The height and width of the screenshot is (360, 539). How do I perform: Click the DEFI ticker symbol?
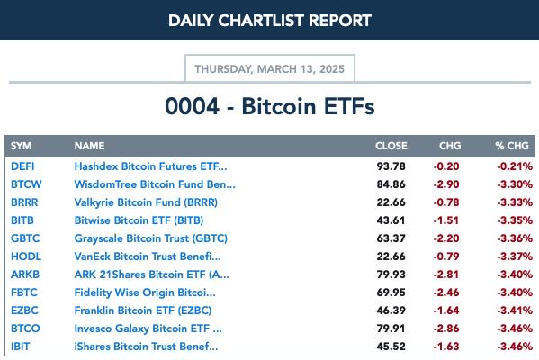[x=22, y=166]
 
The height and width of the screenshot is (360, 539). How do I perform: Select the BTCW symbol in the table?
[x=26, y=184]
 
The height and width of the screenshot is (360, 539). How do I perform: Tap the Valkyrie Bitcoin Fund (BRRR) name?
[x=146, y=202]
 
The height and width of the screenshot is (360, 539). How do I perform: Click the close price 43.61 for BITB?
[x=391, y=220]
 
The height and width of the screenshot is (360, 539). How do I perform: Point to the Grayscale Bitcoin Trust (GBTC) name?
[x=150, y=238]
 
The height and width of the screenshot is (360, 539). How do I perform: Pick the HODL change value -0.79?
[x=446, y=256]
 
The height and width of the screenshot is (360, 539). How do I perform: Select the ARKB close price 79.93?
[x=391, y=274]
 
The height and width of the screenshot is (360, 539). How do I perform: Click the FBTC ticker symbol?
[x=23, y=292]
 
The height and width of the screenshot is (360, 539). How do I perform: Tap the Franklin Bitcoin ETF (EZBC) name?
[x=143, y=310]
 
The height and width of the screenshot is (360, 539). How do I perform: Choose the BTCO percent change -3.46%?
[x=515, y=328]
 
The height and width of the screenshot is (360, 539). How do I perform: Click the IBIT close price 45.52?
[x=391, y=346]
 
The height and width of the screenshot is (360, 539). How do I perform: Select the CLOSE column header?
[x=391, y=146]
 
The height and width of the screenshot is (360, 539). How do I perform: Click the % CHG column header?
[x=512, y=146]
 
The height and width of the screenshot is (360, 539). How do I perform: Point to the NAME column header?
[x=89, y=146]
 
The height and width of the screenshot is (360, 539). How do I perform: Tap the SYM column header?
[x=21, y=146]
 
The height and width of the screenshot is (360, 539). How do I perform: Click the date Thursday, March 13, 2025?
[x=270, y=69]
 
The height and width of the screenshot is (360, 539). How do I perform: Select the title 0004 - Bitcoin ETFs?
[x=270, y=106]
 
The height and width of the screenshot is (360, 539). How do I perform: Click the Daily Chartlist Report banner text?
[x=270, y=21]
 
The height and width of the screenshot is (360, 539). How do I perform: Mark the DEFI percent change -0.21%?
[x=515, y=166]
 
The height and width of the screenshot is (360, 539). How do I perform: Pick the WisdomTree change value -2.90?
[x=446, y=184]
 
